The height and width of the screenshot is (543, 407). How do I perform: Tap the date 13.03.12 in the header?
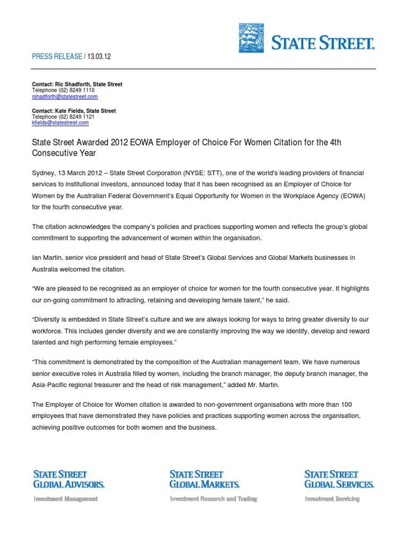point(98,56)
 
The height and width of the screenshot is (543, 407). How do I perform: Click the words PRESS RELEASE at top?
point(57,56)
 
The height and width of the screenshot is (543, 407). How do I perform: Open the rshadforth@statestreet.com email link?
point(65,97)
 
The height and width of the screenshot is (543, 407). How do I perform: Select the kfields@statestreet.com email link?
point(60,122)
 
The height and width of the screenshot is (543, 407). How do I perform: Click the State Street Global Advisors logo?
point(69,479)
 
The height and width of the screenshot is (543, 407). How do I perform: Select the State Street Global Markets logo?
point(205,479)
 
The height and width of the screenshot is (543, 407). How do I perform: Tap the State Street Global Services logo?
point(339,479)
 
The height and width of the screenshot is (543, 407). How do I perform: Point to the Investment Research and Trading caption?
point(213,498)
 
